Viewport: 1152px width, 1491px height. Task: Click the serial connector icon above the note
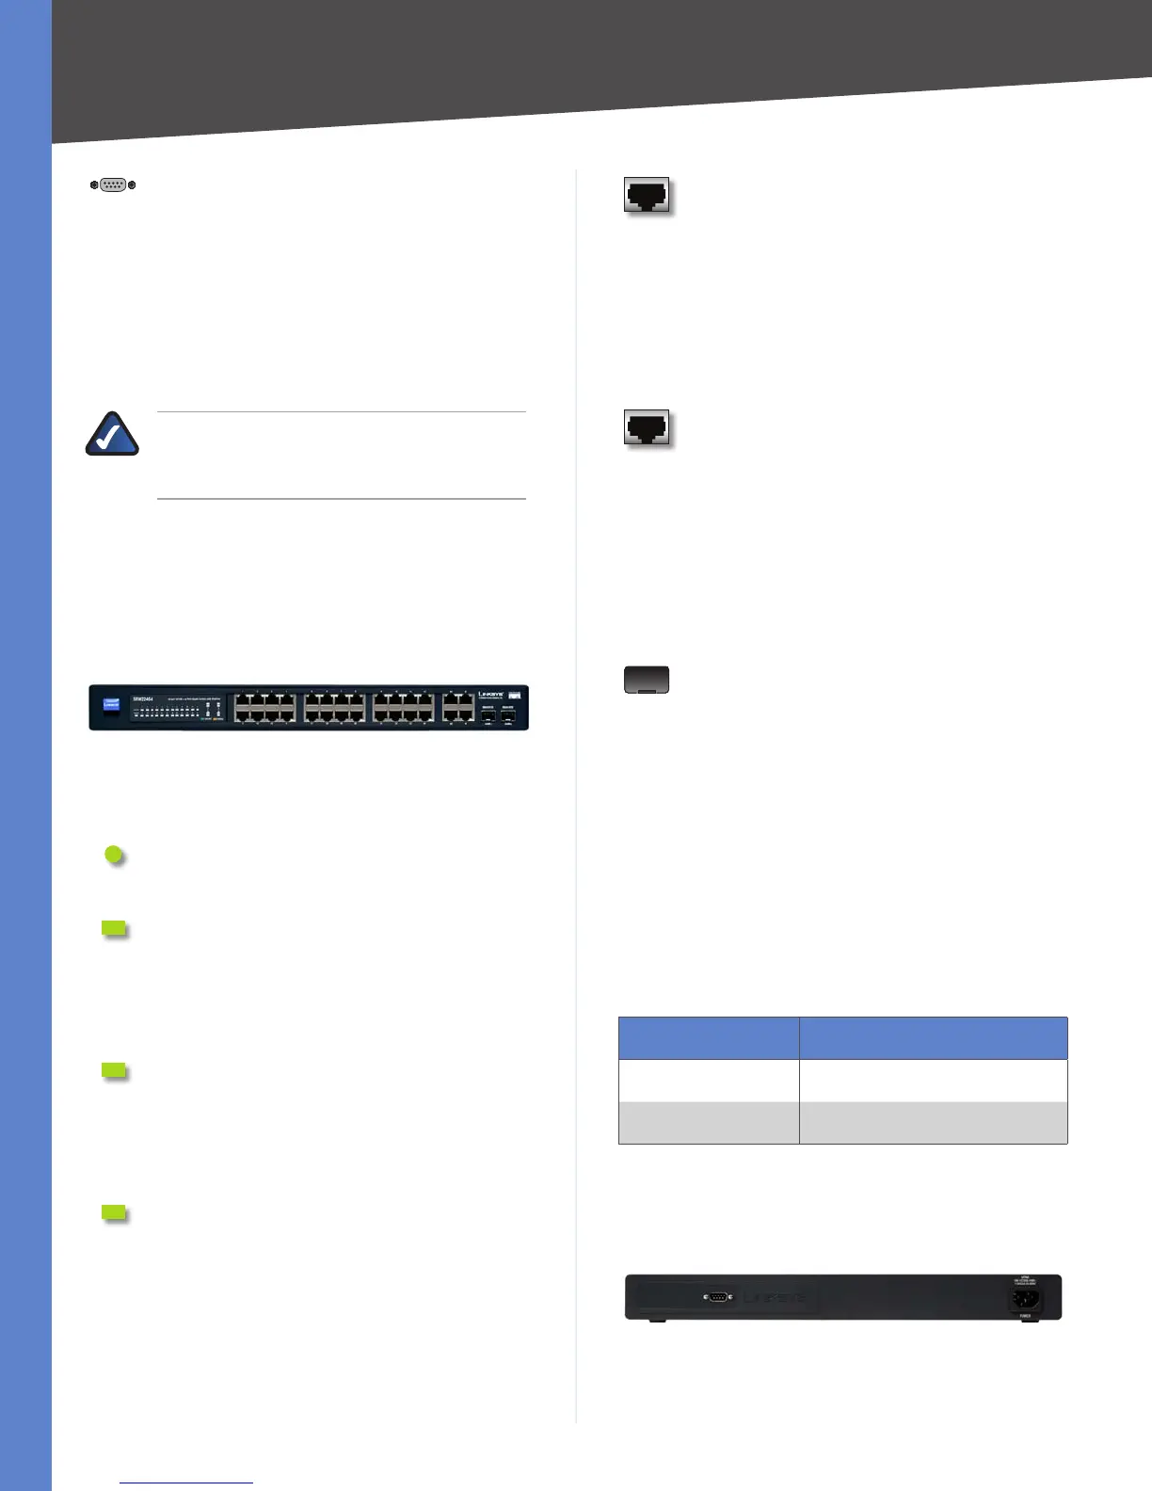[113, 185]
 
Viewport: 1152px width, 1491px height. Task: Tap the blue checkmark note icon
[113, 435]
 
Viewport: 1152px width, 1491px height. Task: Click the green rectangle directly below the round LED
[114, 929]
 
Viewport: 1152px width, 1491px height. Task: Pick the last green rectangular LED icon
[114, 1212]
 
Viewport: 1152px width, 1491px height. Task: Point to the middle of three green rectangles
[114, 1070]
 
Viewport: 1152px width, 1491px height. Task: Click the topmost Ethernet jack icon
[647, 195]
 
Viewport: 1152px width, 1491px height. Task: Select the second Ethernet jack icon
[647, 428]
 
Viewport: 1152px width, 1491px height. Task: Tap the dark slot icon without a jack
[647, 680]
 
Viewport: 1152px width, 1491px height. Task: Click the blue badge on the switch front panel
[111, 703]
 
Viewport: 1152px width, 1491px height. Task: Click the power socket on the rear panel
[1026, 1299]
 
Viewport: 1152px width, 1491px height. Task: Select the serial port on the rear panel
[717, 1297]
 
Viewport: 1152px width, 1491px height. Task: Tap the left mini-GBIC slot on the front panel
[488, 716]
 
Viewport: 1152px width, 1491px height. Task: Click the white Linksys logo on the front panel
[490, 696]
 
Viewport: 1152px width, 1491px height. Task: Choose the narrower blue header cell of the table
[709, 1038]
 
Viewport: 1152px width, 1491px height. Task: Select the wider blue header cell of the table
[934, 1038]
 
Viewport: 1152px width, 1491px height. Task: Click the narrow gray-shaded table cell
[709, 1123]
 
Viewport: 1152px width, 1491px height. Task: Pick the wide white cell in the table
[934, 1081]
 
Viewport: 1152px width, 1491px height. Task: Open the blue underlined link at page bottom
[186, 1483]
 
